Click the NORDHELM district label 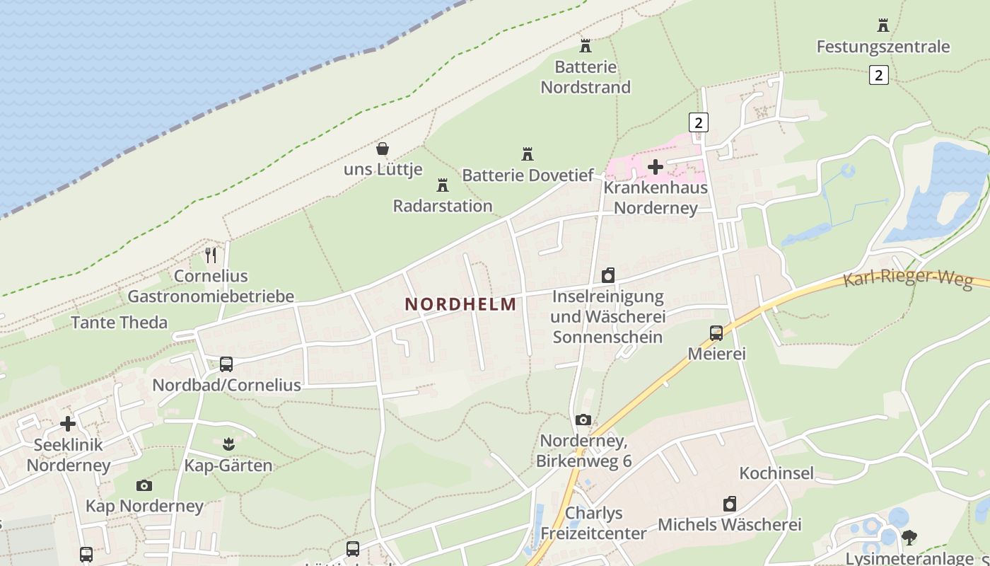pyautogui.click(x=460, y=304)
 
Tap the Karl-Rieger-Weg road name pyautogui.click(x=907, y=277)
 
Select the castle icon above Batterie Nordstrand pyautogui.click(x=586, y=46)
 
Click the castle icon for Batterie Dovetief pyautogui.click(x=527, y=154)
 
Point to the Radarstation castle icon pyautogui.click(x=443, y=185)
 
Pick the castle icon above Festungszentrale pyautogui.click(x=883, y=25)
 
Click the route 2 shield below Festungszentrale pyautogui.click(x=878, y=74)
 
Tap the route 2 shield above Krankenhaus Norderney pyautogui.click(x=699, y=122)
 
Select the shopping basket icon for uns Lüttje pyautogui.click(x=383, y=149)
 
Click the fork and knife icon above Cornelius pyautogui.click(x=211, y=255)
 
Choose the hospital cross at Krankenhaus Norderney pyautogui.click(x=656, y=167)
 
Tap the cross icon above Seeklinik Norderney pyautogui.click(x=68, y=424)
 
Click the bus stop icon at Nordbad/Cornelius pyautogui.click(x=226, y=364)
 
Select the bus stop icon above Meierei pyautogui.click(x=716, y=333)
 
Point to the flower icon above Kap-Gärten pyautogui.click(x=228, y=444)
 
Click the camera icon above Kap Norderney pyautogui.click(x=144, y=485)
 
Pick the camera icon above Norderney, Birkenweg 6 pyautogui.click(x=583, y=420)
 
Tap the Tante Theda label pyautogui.click(x=120, y=323)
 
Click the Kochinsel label pyautogui.click(x=776, y=473)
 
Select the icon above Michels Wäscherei pyautogui.click(x=730, y=504)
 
